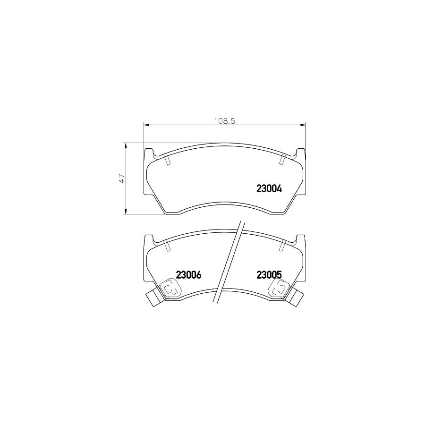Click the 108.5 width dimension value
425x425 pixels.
coord(225,120)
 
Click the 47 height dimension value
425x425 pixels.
coord(122,178)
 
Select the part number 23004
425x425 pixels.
coord(269,188)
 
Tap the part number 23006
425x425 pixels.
coord(188,275)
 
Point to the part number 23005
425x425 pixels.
coord(269,275)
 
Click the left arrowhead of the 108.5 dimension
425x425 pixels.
coord(146,125)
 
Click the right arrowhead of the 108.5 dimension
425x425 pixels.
coord(303,125)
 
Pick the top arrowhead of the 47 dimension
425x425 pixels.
coord(125,146)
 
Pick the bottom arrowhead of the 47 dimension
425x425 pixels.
coord(125,211)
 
